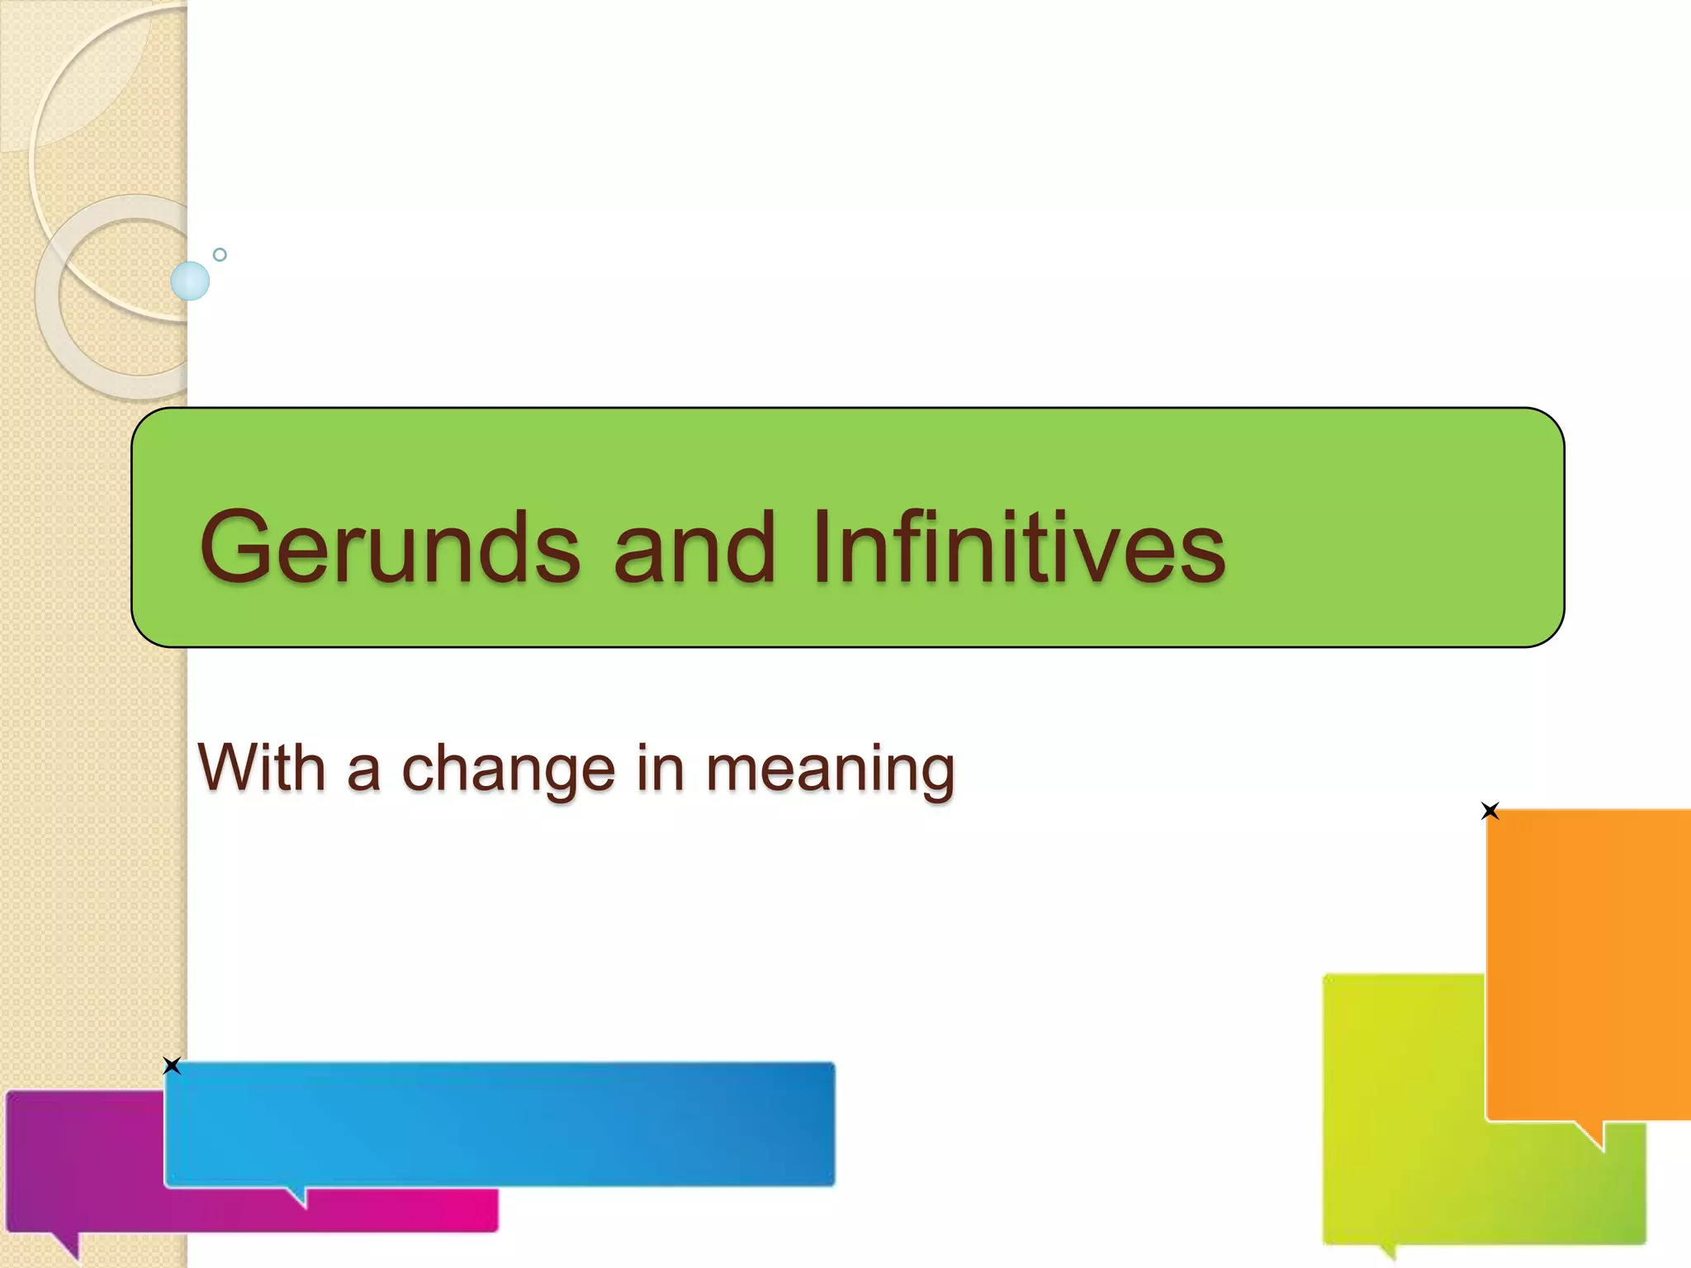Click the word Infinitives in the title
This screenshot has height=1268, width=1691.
click(x=1018, y=546)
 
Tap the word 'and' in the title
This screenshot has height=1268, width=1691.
click(x=694, y=546)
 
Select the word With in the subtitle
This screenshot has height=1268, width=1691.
click(x=261, y=767)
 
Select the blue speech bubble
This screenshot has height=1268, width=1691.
click(x=500, y=1124)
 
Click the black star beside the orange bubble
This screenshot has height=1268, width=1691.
click(x=1490, y=811)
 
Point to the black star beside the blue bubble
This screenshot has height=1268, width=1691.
click(x=172, y=1066)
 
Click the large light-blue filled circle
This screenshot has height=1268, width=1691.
click(x=190, y=281)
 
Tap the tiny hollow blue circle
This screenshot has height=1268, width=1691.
click(x=220, y=254)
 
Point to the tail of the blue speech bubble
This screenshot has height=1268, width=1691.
click(x=298, y=1196)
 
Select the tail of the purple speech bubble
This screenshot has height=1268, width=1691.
click(x=68, y=1245)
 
